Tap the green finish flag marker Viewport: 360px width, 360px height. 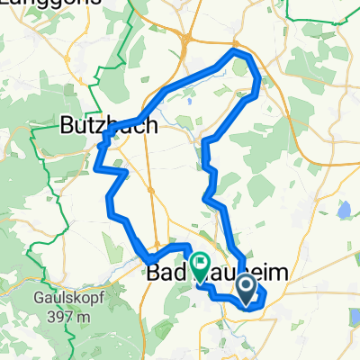click(200, 265)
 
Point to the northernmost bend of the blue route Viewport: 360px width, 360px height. click(238, 53)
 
